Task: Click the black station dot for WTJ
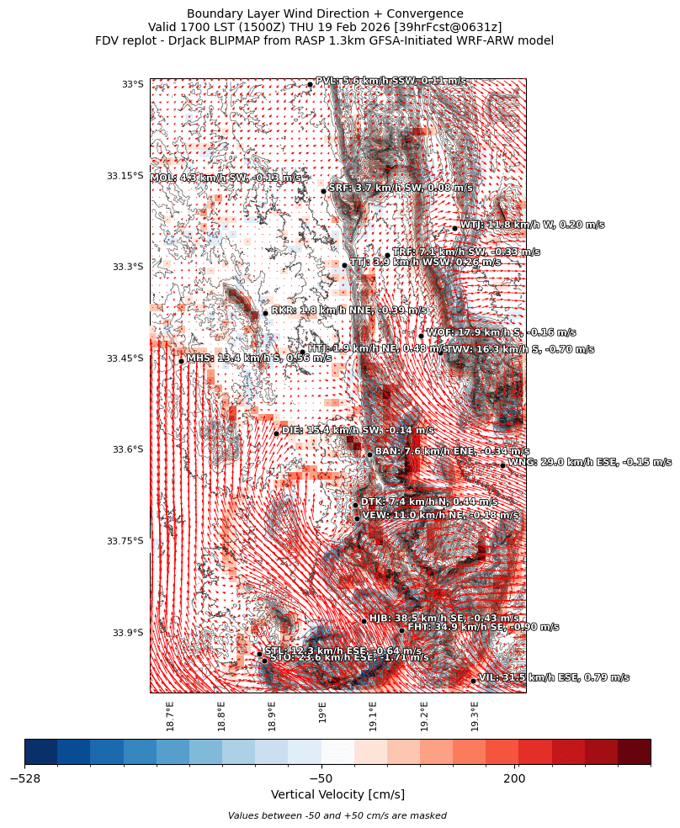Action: point(454,228)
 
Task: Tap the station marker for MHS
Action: point(181,361)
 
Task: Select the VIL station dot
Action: point(474,681)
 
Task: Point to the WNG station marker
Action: point(502,464)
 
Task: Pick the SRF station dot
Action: point(323,191)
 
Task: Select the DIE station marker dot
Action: point(276,433)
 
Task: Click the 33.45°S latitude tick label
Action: point(125,358)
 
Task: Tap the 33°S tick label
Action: point(133,84)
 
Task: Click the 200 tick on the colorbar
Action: point(514,779)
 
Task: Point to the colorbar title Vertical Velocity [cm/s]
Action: point(337,795)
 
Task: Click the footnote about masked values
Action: point(337,815)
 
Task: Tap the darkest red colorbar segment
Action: point(634,751)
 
